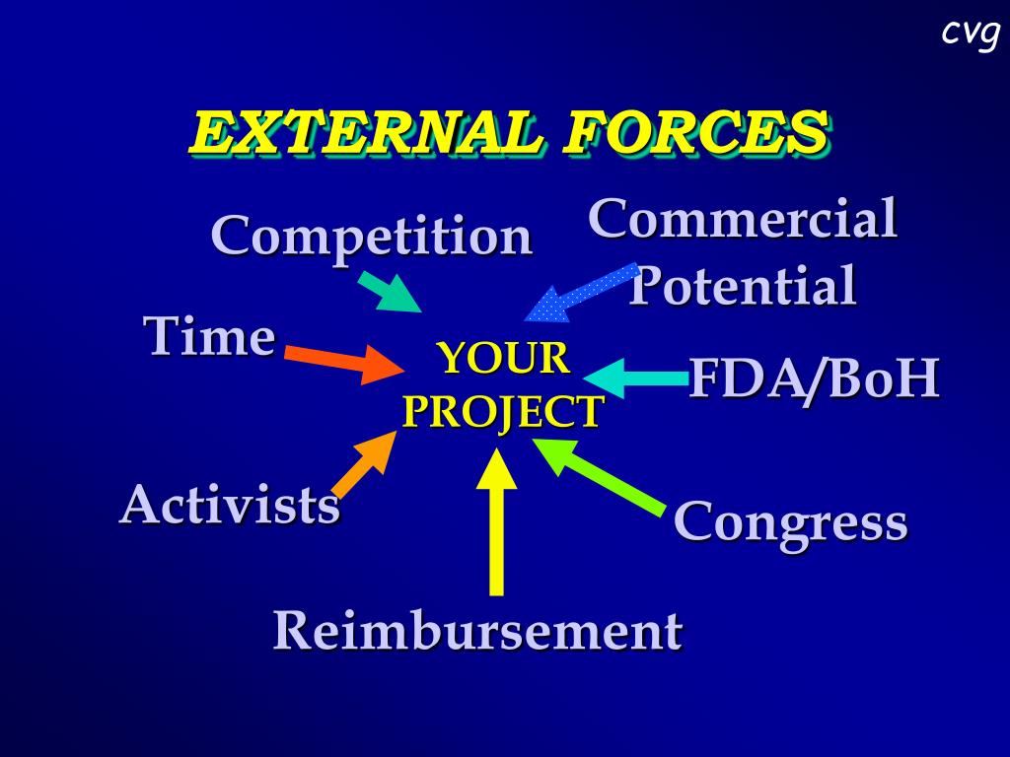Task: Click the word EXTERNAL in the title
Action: pos(365,133)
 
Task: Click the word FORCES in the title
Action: pos(694,133)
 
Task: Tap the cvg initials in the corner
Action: pos(970,33)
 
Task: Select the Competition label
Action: pos(371,238)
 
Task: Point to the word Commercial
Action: pos(742,219)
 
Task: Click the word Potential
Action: pos(743,287)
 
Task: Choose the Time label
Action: pos(209,337)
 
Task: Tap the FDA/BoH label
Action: pos(813,379)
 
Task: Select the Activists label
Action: pos(230,506)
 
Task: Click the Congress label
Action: pos(790,522)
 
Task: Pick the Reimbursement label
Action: pos(477,631)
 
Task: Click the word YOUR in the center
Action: pos(503,358)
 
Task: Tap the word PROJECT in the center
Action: pos(502,411)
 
